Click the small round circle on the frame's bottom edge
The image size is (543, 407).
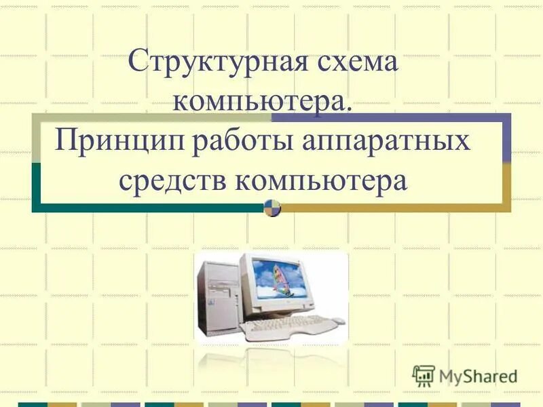tap(272, 208)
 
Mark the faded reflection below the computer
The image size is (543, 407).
tap(271, 360)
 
